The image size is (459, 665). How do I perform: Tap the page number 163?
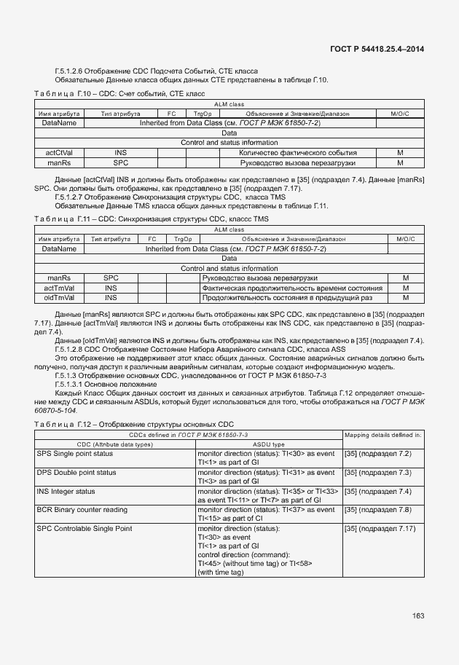(x=418, y=616)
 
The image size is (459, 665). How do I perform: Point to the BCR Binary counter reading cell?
(x=82, y=510)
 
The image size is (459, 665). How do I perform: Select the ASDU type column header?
(x=268, y=444)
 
